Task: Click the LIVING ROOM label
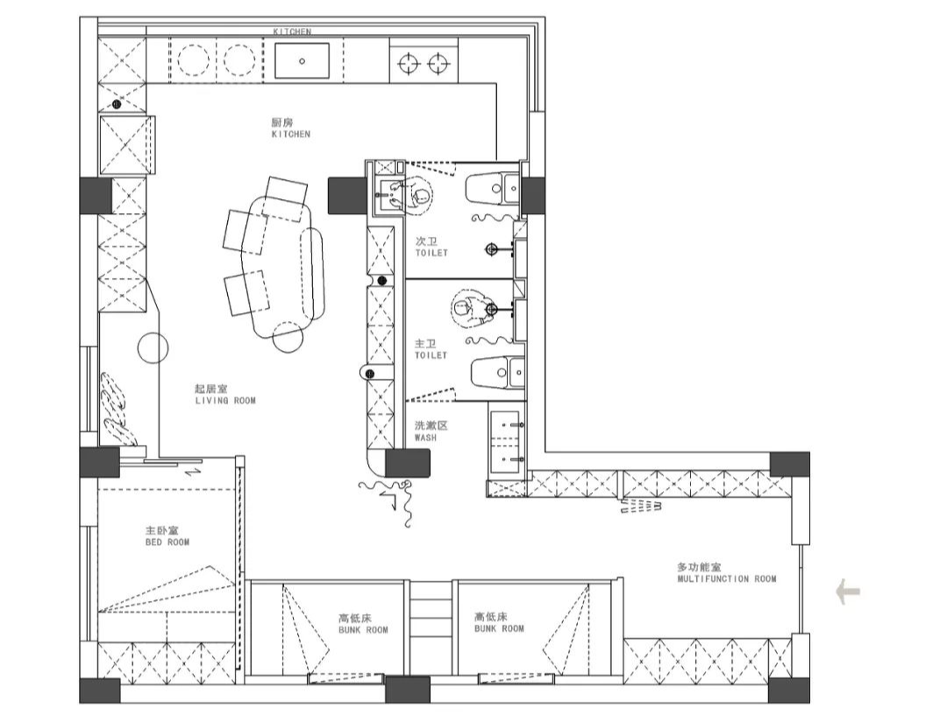click(x=225, y=400)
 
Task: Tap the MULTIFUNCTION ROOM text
click(x=727, y=578)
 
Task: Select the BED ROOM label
click(x=167, y=542)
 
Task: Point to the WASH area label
click(x=425, y=437)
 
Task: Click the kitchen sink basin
click(x=302, y=61)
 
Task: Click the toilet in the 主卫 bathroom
click(x=497, y=372)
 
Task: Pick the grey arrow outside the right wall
click(x=848, y=591)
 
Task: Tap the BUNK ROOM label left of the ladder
click(x=363, y=630)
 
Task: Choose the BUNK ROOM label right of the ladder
click(x=499, y=629)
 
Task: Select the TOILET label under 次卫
click(x=431, y=253)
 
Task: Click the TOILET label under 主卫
click(x=431, y=354)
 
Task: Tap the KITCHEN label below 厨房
click(x=291, y=134)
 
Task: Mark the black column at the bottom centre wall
click(x=407, y=690)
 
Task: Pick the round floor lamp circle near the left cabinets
click(x=153, y=348)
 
